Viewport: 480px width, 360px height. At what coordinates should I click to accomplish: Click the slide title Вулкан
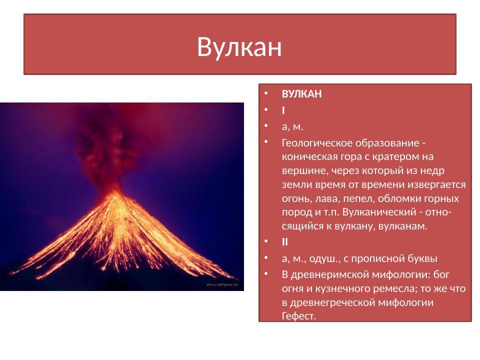tap(239, 47)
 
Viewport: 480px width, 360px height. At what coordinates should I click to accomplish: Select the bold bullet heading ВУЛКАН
tap(301, 94)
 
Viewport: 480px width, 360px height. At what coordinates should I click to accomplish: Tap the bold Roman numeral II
tap(285, 242)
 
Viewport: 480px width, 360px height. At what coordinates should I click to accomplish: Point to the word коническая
tap(307, 157)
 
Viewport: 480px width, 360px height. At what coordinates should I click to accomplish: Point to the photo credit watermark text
tap(223, 285)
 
